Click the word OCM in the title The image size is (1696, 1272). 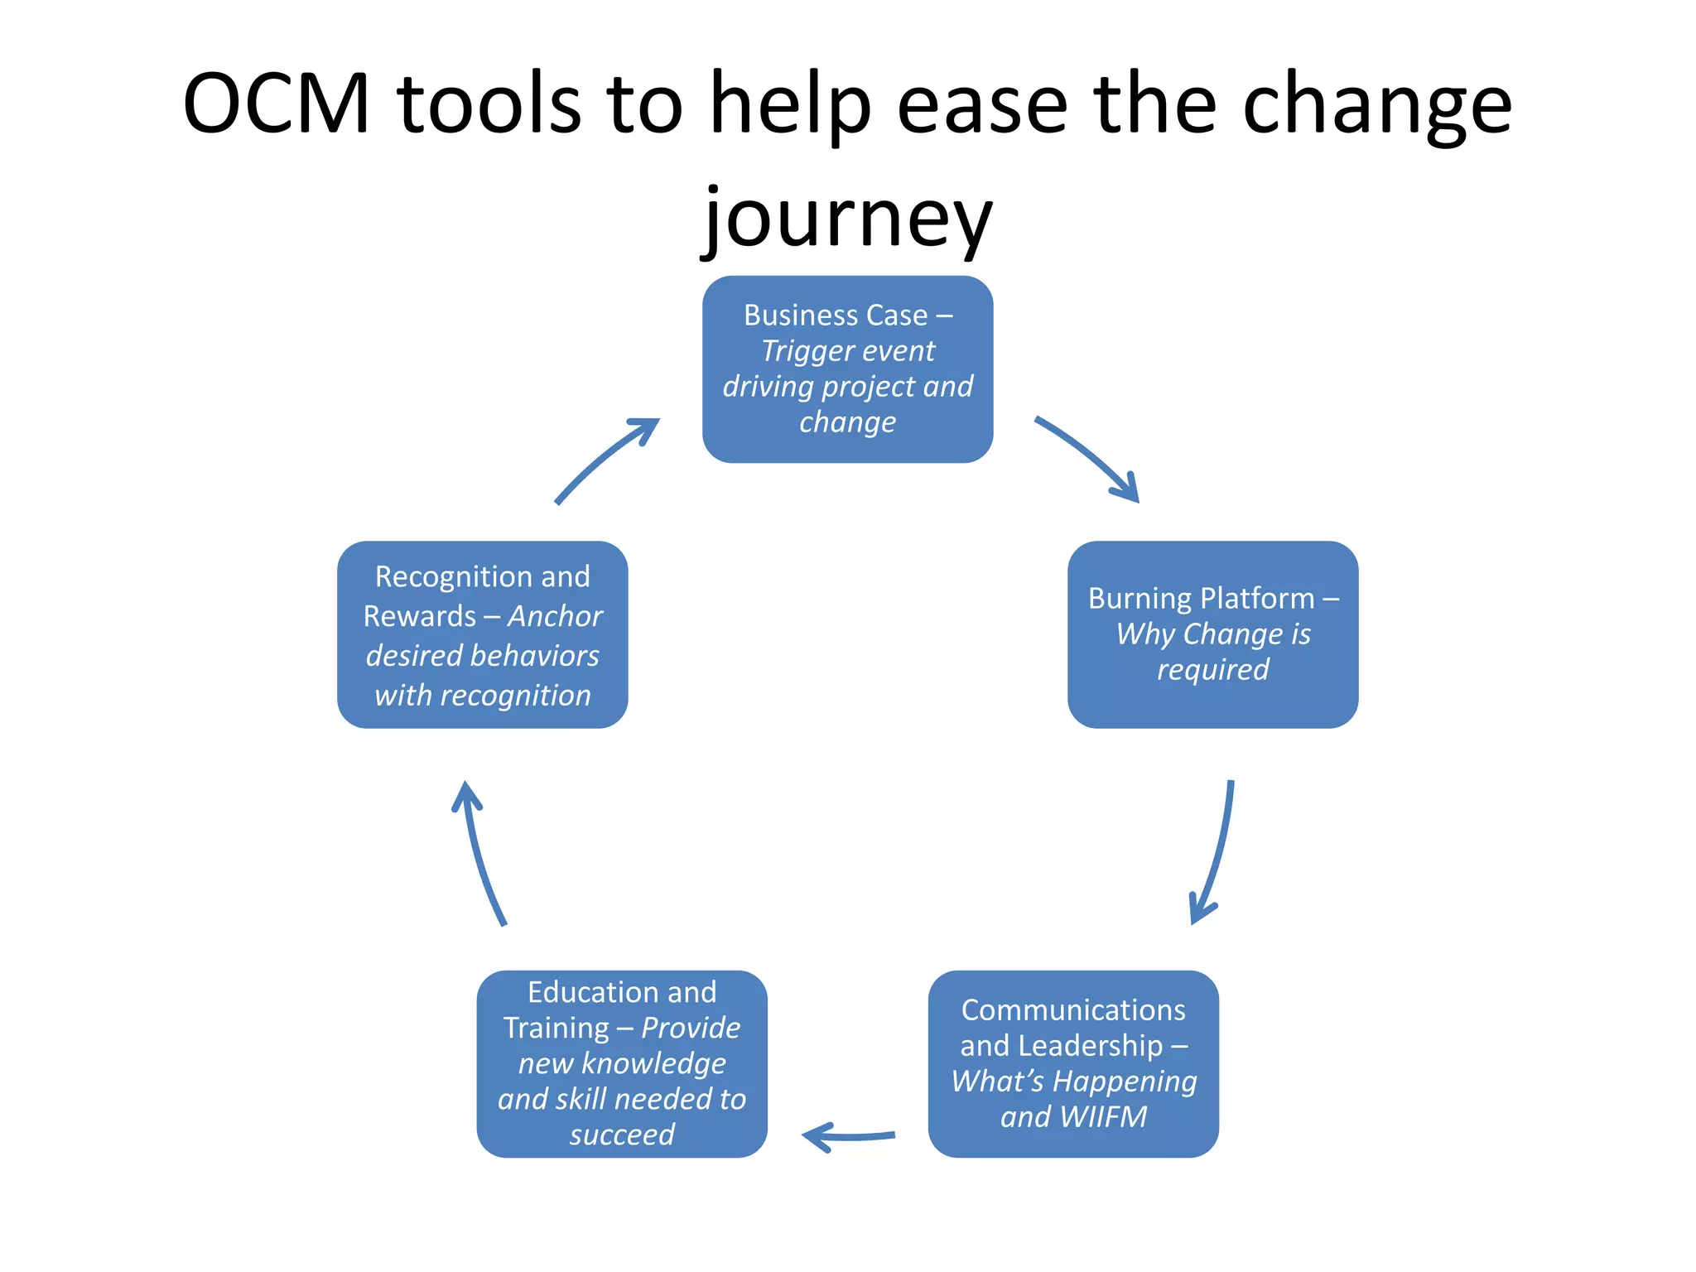click(x=276, y=104)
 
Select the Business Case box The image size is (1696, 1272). click(x=847, y=369)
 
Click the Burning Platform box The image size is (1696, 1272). click(x=1212, y=634)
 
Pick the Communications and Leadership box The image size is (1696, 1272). click(x=1073, y=1063)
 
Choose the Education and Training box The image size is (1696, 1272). click(x=622, y=1063)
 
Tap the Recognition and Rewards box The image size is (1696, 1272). click(x=482, y=634)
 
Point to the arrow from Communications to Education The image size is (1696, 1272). click(x=849, y=1137)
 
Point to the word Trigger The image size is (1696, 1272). click(x=800, y=351)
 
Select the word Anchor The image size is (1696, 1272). click(x=555, y=616)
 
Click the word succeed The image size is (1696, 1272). click(x=622, y=1135)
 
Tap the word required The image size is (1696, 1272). click(x=1212, y=669)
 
